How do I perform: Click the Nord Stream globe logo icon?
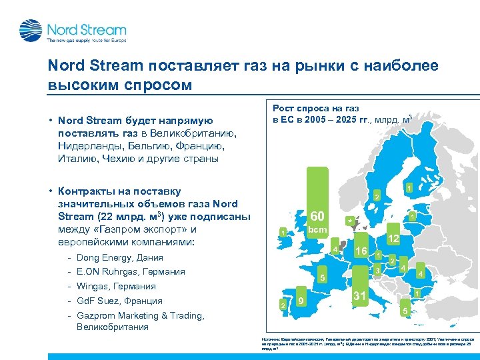click(x=30, y=30)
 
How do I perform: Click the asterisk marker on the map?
click(x=347, y=220)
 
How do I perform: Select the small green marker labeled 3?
click(x=377, y=270)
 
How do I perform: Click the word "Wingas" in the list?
click(x=93, y=287)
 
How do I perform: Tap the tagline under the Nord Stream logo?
click(x=85, y=41)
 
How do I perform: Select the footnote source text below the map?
click(x=367, y=343)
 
